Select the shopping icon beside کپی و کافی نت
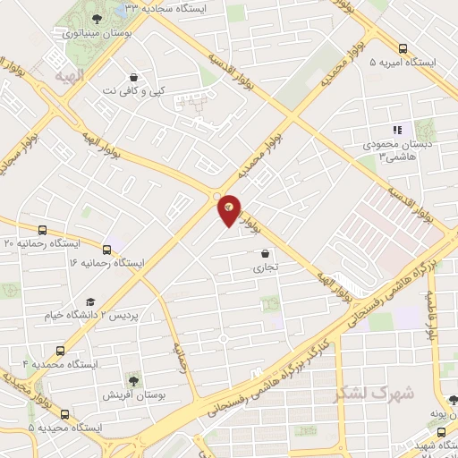[133, 77]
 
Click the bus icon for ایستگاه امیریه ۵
[403, 49]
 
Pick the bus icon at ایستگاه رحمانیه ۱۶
[107, 250]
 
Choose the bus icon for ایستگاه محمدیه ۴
[60, 351]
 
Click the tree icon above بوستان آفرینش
[133, 382]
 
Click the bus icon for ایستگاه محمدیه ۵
[64, 413]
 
